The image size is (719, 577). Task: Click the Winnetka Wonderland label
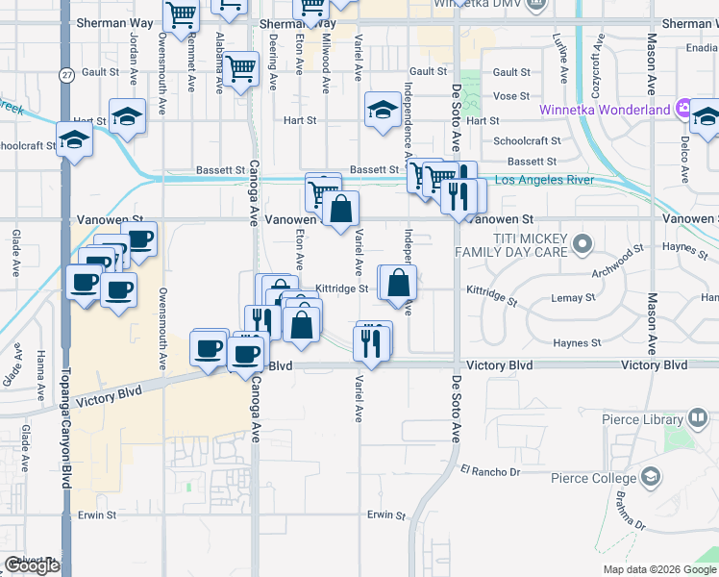click(x=605, y=110)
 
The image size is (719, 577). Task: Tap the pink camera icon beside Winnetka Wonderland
click(x=683, y=109)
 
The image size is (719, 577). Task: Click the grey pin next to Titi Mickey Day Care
click(x=581, y=245)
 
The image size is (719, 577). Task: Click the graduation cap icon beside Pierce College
click(x=651, y=477)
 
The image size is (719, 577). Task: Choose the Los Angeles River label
click(x=544, y=181)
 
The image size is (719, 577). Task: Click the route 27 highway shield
click(x=65, y=75)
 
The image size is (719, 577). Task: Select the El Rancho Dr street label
click(x=489, y=471)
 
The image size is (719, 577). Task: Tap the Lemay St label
click(x=575, y=299)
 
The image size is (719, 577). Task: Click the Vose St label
click(x=511, y=96)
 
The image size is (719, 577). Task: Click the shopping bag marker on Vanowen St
click(x=340, y=209)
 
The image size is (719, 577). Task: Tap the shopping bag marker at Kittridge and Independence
click(x=397, y=283)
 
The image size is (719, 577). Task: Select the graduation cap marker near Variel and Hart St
click(x=382, y=111)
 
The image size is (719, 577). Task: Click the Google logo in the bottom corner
click(x=32, y=566)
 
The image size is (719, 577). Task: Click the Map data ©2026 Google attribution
click(x=658, y=569)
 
